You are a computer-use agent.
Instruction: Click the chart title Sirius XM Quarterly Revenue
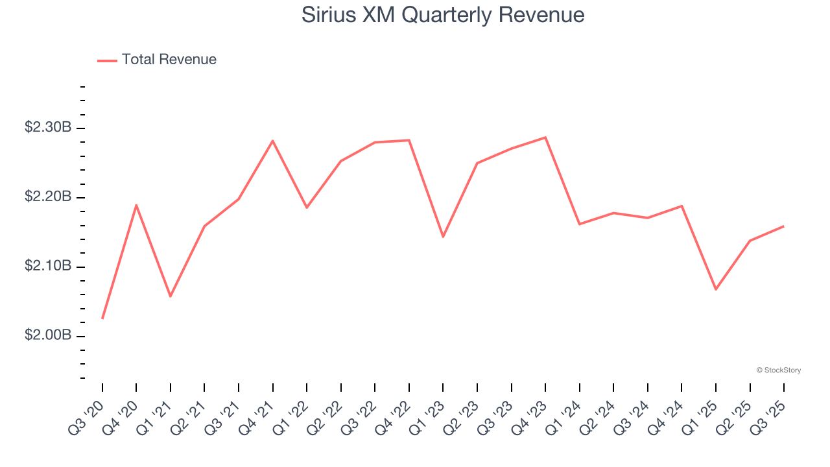click(443, 15)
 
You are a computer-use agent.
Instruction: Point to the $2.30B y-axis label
click(48, 128)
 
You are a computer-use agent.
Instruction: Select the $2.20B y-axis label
click(48, 197)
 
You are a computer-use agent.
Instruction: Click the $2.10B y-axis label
click(48, 267)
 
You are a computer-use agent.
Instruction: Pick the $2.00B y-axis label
click(48, 336)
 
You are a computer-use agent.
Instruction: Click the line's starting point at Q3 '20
click(102, 318)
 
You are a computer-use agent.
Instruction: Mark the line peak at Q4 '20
click(136, 205)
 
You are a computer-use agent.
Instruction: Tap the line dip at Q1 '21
click(171, 296)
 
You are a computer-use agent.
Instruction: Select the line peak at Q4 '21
click(273, 141)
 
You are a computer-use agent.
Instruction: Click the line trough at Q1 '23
click(443, 237)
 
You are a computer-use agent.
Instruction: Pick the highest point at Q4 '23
click(545, 138)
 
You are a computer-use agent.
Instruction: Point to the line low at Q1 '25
click(716, 289)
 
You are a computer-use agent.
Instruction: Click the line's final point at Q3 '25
click(784, 226)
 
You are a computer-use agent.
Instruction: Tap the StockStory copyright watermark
click(779, 370)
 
